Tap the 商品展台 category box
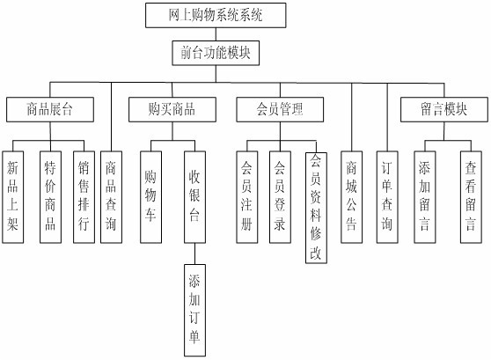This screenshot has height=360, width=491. [x=49, y=110]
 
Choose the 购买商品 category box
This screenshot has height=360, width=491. [x=172, y=110]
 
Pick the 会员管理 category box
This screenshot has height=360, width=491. [x=279, y=110]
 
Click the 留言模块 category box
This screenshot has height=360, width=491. [x=443, y=110]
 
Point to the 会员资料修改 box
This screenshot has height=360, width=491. [x=316, y=207]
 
